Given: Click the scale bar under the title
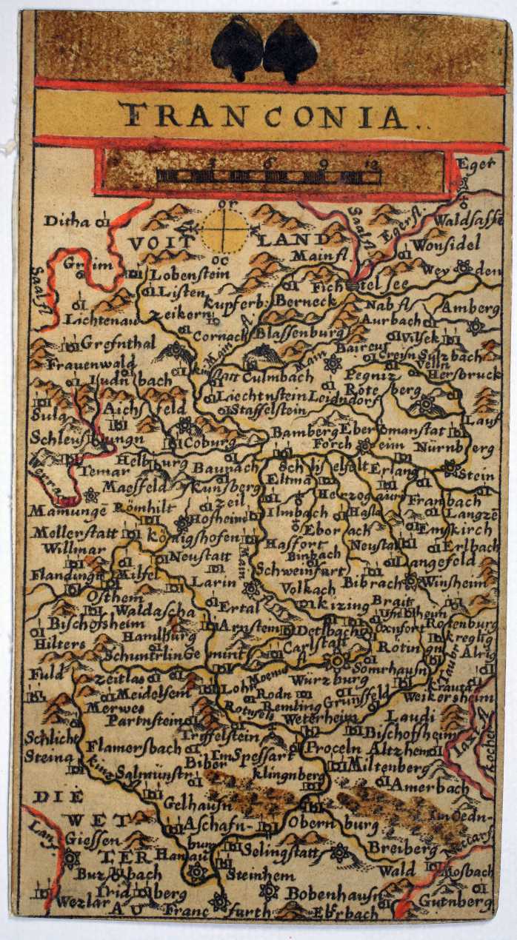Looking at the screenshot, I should [x=268, y=176].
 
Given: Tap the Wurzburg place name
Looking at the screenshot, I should [x=319, y=679].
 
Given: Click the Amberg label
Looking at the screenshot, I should [x=471, y=307].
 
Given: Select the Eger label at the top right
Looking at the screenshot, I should [x=475, y=164].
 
